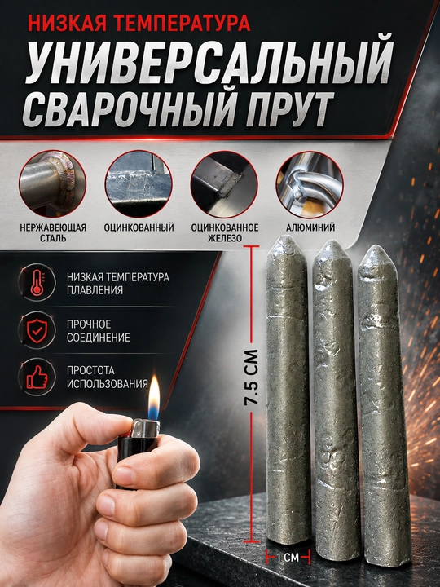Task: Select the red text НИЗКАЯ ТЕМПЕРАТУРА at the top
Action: (139, 22)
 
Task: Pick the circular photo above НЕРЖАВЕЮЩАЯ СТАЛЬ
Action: (52, 184)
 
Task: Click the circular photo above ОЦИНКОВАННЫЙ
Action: (139, 184)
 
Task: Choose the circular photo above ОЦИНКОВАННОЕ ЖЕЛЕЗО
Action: (224, 184)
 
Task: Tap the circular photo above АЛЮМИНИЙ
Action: (310, 184)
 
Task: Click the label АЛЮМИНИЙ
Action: (310, 227)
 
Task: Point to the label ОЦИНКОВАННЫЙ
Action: (139, 227)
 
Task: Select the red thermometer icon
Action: (37, 283)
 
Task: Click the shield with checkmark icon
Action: (37, 330)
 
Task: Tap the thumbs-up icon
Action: (37, 377)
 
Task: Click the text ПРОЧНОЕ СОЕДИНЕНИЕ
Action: (99, 330)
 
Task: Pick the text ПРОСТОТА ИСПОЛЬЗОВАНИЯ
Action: (108, 377)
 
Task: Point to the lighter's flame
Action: (153, 398)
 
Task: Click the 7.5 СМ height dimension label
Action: (251, 377)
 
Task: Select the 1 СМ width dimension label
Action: (288, 558)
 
